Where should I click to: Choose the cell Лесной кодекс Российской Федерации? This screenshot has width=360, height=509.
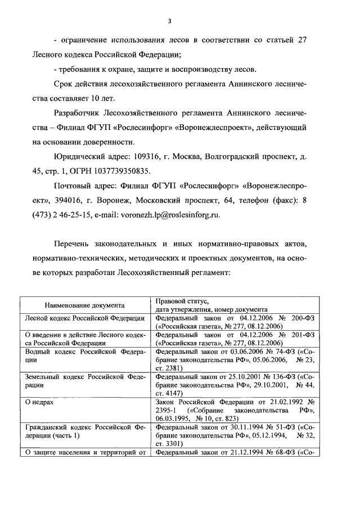(x=84, y=318)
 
